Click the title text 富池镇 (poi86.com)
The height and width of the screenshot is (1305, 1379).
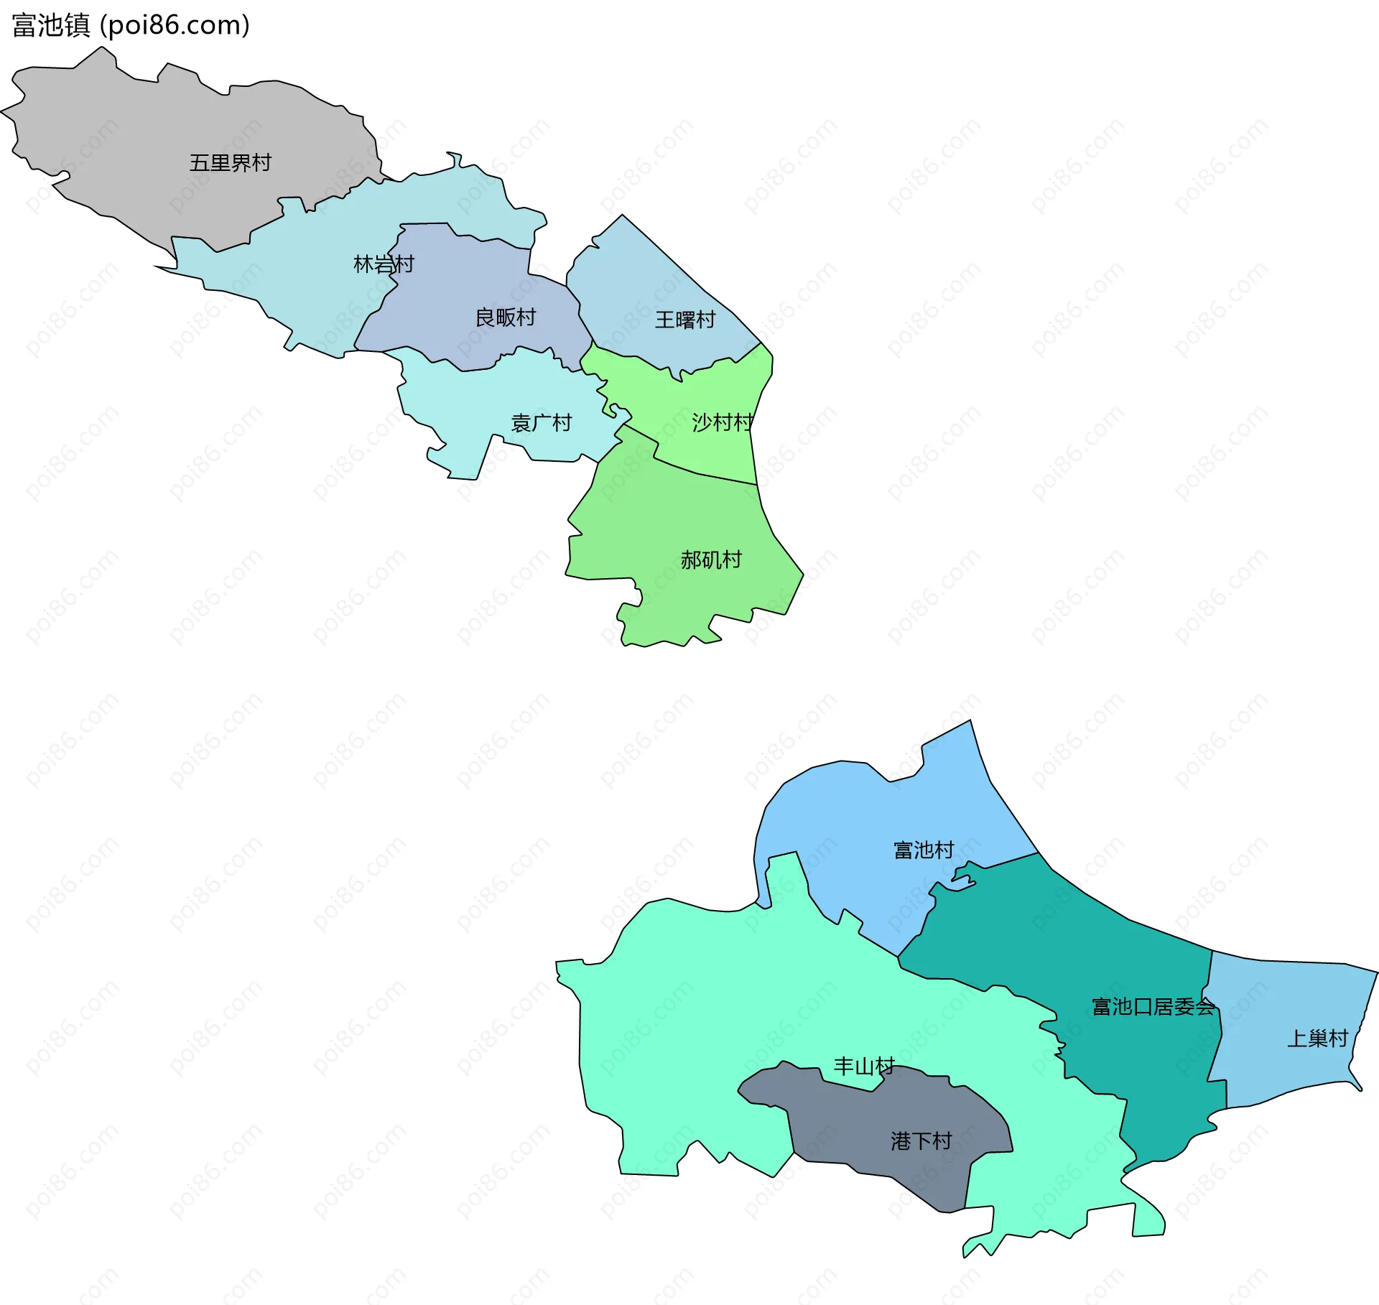pos(131,26)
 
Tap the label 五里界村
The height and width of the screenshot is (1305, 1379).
pos(230,163)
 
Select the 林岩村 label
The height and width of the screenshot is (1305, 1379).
pos(384,264)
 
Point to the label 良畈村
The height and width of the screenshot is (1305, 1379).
pos(506,317)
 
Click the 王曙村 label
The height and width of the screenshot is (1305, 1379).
pos(685,320)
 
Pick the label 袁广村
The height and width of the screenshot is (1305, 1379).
pos(541,423)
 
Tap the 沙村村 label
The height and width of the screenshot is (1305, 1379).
pos(723,422)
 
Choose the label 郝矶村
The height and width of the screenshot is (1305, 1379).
pos(711,559)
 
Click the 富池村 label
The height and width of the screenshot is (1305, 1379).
pos(924,850)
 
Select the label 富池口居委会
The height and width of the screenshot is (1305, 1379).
pos(1153,1007)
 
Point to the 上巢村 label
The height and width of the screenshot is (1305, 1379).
pos(1317,1039)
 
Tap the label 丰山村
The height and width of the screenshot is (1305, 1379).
pos(864,1066)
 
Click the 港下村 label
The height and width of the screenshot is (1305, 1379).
pos(921,1141)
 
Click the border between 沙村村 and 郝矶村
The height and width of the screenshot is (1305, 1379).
pos(700,473)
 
